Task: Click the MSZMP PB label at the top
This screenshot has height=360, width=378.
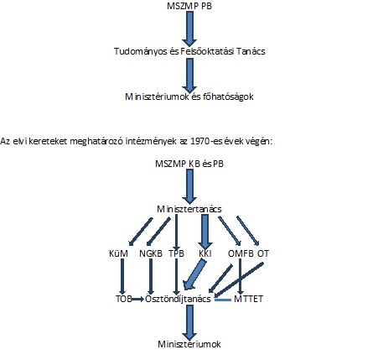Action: [x=189, y=6]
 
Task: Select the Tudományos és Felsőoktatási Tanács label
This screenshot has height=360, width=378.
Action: [x=189, y=51]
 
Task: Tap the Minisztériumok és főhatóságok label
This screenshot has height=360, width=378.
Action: [x=189, y=97]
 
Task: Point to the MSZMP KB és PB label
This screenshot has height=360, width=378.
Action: [x=189, y=164]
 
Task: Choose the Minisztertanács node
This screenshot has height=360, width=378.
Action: [x=189, y=209]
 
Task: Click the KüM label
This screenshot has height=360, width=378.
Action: [x=119, y=253]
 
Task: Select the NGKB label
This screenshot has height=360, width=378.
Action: [x=151, y=253]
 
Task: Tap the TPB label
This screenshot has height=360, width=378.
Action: [x=176, y=253]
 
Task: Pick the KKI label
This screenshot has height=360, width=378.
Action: [x=205, y=253]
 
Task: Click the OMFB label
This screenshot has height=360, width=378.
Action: [x=241, y=253]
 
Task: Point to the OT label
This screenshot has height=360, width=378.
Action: [x=263, y=253]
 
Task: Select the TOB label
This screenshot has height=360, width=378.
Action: [x=124, y=299]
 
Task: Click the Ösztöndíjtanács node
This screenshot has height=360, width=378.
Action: [x=178, y=299]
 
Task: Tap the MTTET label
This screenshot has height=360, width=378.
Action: [x=248, y=299]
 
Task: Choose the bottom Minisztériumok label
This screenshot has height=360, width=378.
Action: [x=189, y=344]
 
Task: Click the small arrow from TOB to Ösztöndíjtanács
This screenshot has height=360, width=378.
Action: [x=138, y=300]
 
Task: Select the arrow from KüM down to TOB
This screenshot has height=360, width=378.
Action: [x=122, y=277]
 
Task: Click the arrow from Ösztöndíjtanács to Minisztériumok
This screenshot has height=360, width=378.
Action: [x=189, y=322]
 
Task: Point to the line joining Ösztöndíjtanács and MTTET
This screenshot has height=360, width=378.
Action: [x=223, y=300]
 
